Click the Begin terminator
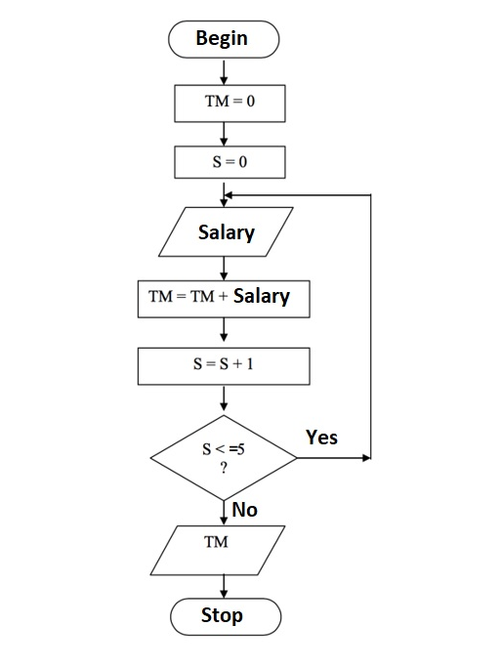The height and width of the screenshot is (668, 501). pyautogui.click(x=224, y=39)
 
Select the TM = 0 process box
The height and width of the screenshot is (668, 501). pyautogui.click(x=230, y=103)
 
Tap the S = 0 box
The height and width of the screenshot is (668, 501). pyautogui.click(x=230, y=162)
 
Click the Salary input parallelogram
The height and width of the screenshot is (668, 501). pyautogui.click(x=226, y=232)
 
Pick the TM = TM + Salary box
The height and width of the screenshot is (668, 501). pyautogui.click(x=225, y=297)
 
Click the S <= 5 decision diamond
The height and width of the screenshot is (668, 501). pyautogui.click(x=224, y=456)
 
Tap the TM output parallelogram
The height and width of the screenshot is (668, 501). pyautogui.click(x=220, y=550)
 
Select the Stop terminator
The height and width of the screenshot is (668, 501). pyautogui.click(x=225, y=616)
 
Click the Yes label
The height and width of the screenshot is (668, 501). pyautogui.click(x=321, y=437)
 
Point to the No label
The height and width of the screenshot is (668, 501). pyautogui.click(x=244, y=509)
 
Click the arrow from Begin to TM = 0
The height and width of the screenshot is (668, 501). pyautogui.click(x=225, y=70)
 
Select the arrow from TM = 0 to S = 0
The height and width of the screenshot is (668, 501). pyautogui.click(x=225, y=133)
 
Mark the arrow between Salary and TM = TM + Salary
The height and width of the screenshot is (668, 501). pyautogui.click(x=225, y=266)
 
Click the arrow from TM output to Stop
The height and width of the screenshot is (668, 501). pyautogui.click(x=225, y=586)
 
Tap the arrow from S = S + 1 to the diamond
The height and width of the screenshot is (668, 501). pyautogui.click(x=225, y=398)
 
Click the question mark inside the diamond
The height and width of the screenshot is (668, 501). pyautogui.click(x=224, y=469)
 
